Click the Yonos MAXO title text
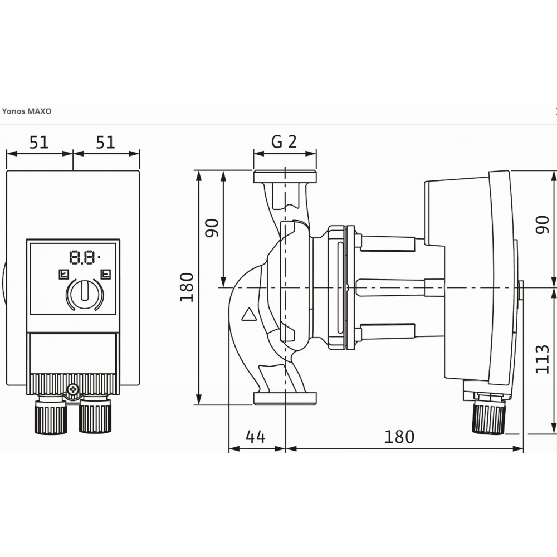27,111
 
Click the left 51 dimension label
39,143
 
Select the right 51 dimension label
105,143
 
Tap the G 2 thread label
284,142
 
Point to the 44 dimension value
256,437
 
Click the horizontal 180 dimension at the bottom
399,437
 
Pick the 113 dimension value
543,359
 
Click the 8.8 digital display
84,257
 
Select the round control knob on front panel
85,294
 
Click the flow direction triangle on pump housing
248,316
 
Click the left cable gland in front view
51,416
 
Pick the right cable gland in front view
95,416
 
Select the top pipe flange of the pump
285,177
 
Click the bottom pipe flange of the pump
285,397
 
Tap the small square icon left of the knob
63,273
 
